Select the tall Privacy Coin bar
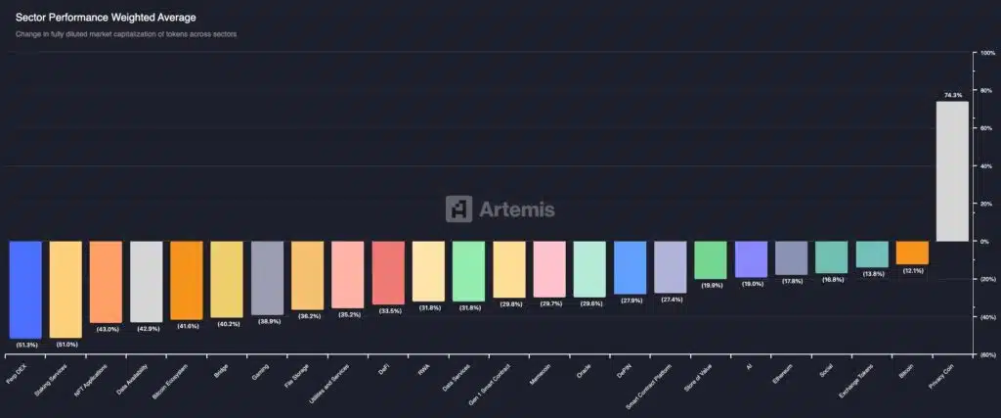point(952,171)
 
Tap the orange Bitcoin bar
point(912,253)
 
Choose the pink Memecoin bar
point(549,268)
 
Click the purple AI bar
point(751,259)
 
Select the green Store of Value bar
point(711,260)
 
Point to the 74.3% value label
point(953,95)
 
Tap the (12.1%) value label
point(912,271)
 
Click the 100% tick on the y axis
point(986,53)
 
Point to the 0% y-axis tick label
point(984,241)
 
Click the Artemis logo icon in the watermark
point(458,209)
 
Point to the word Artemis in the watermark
point(517,209)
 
